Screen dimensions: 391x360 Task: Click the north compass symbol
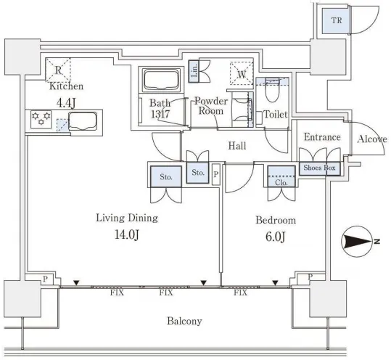coord(358,241)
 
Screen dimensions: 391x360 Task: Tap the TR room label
coord(337,20)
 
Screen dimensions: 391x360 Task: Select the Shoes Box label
coord(319,168)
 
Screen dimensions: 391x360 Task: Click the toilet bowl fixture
coord(272,90)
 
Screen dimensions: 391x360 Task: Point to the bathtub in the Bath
coord(162,79)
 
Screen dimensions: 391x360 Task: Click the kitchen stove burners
coord(41,119)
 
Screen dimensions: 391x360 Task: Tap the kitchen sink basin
coord(83,121)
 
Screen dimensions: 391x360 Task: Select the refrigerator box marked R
coord(58,70)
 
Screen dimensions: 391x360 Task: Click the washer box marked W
coord(242,73)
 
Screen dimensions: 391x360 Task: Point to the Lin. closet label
coord(194,71)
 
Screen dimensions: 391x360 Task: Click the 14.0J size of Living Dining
coord(127,234)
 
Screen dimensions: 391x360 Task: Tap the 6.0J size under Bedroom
coord(276,237)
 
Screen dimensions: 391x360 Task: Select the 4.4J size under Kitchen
coord(66,103)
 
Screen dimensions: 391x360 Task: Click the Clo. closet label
coord(281,183)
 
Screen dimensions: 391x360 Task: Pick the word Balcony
coord(184,321)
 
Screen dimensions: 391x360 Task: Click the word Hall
coord(237,146)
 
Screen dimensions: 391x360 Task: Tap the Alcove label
coord(372,139)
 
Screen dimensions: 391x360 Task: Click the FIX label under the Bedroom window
coord(240,292)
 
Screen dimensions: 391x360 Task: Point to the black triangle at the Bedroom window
coord(275,283)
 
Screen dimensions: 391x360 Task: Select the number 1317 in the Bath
coord(160,114)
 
